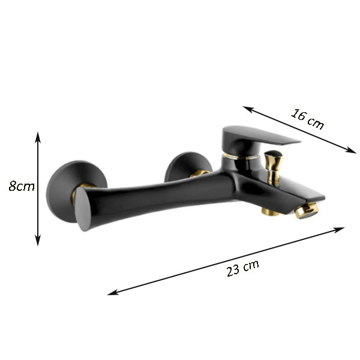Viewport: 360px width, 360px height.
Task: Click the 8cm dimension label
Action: click(22, 186)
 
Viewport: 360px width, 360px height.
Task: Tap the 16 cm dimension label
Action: click(308, 119)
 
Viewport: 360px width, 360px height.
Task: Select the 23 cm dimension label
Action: click(242, 268)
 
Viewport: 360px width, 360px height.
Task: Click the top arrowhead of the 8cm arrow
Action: click(38, 137)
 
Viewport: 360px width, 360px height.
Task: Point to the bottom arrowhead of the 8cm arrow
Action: click(38, 240)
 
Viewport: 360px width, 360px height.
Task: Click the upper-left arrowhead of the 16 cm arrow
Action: click(248, 109)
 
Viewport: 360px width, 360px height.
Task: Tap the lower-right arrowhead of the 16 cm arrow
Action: click(351, 150)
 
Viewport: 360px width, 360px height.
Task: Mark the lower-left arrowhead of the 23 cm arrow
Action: click(113, 292)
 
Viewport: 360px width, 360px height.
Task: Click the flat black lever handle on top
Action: click(257, 138)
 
